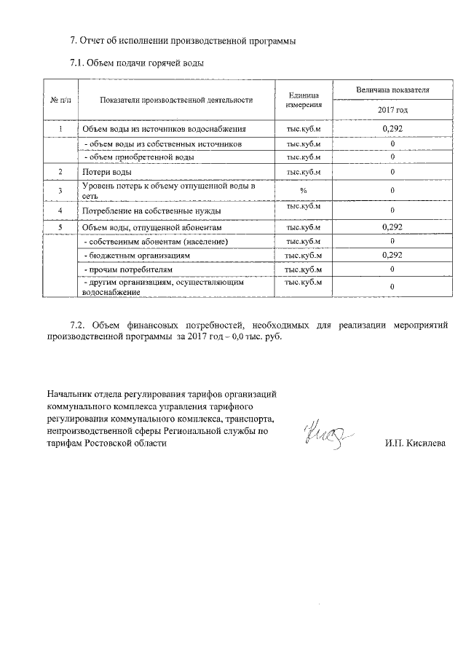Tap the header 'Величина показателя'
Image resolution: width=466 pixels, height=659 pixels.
coord(392,90)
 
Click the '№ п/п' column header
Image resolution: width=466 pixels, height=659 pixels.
coord(59,100)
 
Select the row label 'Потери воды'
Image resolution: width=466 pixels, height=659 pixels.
coord(107,172)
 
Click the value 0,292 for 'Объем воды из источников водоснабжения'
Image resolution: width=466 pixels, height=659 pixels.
coord(392,129)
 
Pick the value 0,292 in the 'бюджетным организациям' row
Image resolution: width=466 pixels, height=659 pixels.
coord(392,256)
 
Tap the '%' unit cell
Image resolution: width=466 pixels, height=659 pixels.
coord(304,191)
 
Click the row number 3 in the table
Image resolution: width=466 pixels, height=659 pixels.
coord(59,191)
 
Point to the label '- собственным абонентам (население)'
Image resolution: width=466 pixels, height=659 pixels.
coord(156,241)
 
